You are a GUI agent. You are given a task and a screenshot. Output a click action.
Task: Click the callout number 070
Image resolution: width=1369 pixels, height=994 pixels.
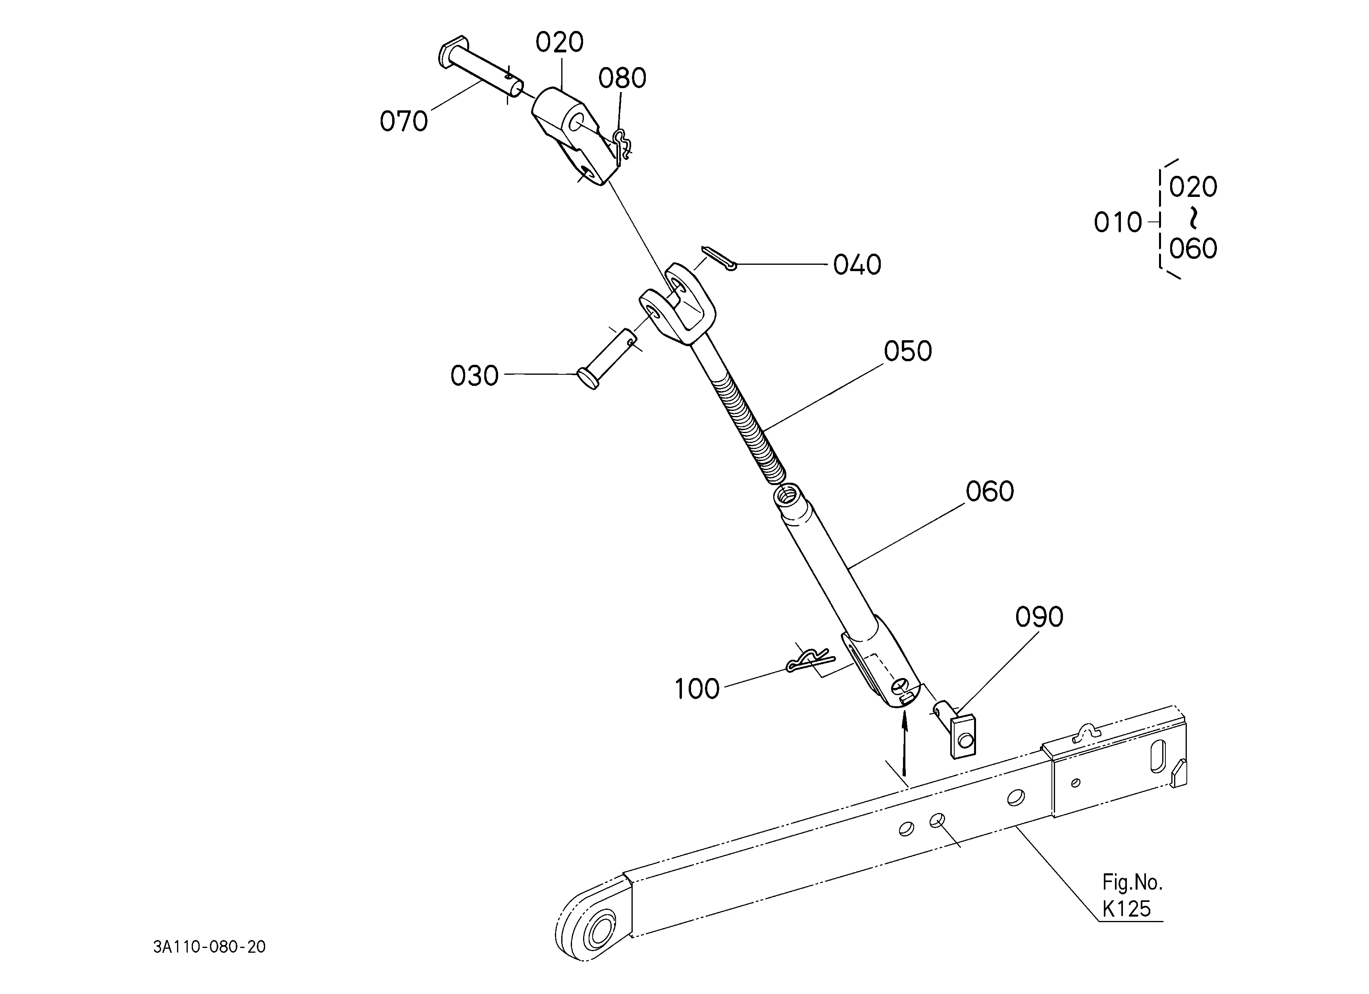click(x=403, y=121)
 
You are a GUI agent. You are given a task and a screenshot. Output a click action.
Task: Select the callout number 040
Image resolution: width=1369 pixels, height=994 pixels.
click(x=857, y=265)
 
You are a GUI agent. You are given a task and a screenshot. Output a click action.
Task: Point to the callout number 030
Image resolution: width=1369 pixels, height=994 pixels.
click(x=474, y=376)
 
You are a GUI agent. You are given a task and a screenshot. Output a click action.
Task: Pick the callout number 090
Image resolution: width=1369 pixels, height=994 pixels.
click(x=1039, y=617)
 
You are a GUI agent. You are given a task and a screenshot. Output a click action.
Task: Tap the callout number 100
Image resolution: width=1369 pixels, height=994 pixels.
click(x=697, y=689)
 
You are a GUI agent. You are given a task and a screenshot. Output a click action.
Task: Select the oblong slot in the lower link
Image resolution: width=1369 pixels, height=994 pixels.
click(x=1158, y=757)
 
